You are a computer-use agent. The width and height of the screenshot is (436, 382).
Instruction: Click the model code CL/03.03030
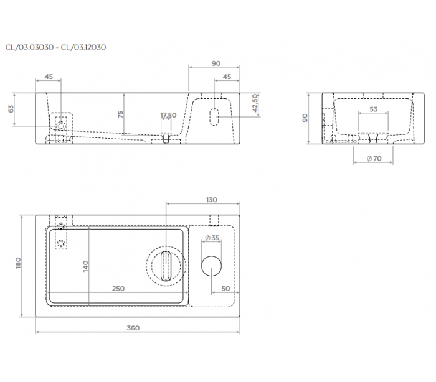29,47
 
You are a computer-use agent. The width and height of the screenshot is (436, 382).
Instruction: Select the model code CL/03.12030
83,47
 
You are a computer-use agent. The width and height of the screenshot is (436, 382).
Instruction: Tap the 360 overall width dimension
133,328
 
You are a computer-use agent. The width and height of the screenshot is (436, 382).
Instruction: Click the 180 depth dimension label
18,263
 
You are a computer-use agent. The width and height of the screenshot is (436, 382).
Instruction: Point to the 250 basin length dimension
118,289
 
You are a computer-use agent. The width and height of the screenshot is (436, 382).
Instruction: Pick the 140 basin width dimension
86,266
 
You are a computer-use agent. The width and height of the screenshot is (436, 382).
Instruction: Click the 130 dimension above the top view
211,200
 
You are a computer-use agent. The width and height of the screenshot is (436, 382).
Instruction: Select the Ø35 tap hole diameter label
212,238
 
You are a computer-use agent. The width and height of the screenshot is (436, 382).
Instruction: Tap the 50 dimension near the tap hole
225,289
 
